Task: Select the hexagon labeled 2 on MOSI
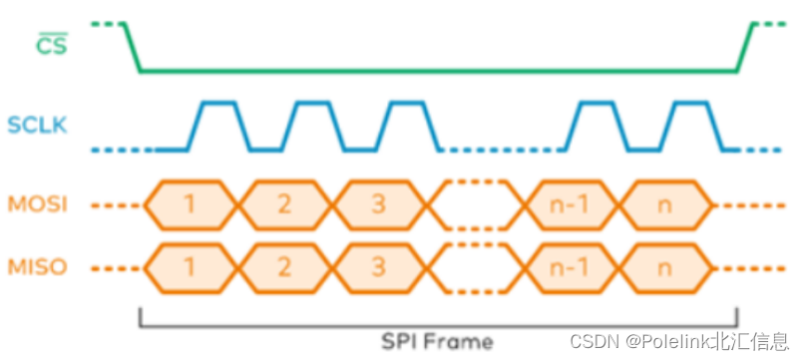pyautogui.click(x=284, y=206)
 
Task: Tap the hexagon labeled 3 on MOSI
pyautogui.click(x=378, y=206)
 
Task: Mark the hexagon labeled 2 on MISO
pyautogui.click(x=284, y=267)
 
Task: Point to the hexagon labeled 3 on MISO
pyautogui.click(x=378, y=267)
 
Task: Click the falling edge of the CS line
pyautogui.click(x=132, y=46)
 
